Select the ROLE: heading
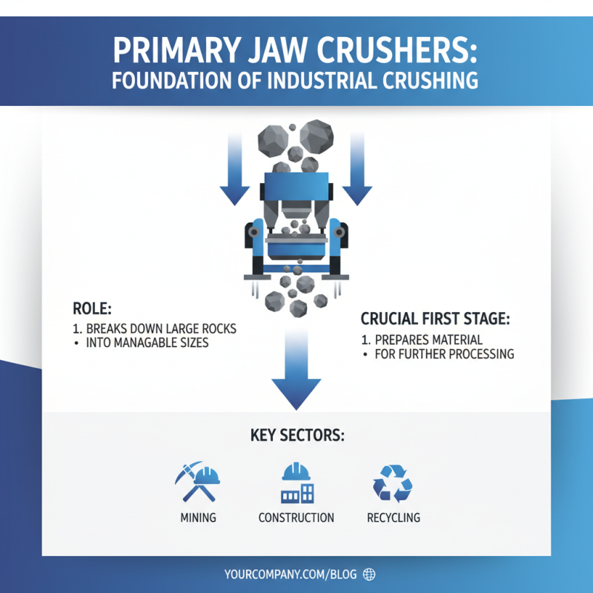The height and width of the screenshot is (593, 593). click(x=90, y=308)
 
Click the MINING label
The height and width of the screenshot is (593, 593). click(x=198, y=517)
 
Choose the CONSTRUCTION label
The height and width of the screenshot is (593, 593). click(x=296, y=517)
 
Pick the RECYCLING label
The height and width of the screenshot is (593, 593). click(x=393, y=517)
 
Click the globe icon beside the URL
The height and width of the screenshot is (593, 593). click(x=370, y=574)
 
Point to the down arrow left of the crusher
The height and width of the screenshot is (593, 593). click(x=235, y=170)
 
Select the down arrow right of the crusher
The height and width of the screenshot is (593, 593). click(x=357, y=170)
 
